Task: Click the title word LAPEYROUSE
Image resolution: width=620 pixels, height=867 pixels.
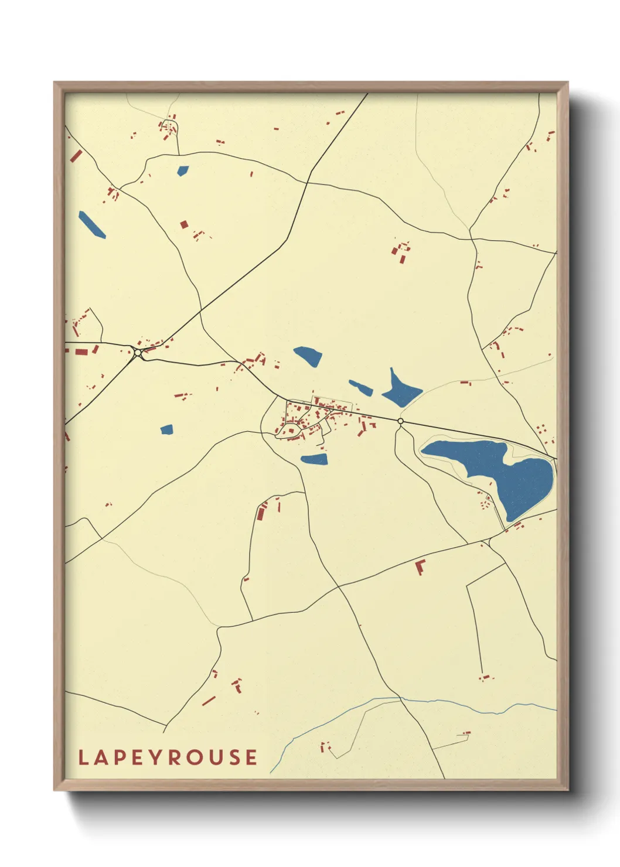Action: click(168, 757)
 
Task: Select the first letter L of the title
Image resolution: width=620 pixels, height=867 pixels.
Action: click(83, 757)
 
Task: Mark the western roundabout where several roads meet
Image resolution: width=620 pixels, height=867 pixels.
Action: click(138, 353)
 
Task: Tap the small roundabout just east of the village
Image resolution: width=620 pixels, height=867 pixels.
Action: click(401, 421)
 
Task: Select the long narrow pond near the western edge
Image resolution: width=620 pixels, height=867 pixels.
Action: click(92, 224)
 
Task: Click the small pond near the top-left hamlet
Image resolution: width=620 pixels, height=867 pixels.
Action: click(183, 171)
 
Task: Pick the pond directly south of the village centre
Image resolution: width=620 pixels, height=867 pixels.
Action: click(315, 459)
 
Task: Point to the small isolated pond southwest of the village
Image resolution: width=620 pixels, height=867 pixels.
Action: click(167, 429)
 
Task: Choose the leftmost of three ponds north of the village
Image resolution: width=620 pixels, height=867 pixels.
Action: click(308, 355)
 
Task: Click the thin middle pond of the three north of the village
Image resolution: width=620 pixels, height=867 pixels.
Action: click(361, 387)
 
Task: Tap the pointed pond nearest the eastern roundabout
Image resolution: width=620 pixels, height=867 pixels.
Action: click(400, 390)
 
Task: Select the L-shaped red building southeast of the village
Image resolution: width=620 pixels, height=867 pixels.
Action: click(420, 566)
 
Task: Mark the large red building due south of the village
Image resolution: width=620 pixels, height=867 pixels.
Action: click(261, 513)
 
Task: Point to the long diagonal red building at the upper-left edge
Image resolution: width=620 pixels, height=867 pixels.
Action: click(76, 156)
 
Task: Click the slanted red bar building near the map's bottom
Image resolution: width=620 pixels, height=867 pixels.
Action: click(209, 700)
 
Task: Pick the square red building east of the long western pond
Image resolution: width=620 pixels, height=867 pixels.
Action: click(184, 224)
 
